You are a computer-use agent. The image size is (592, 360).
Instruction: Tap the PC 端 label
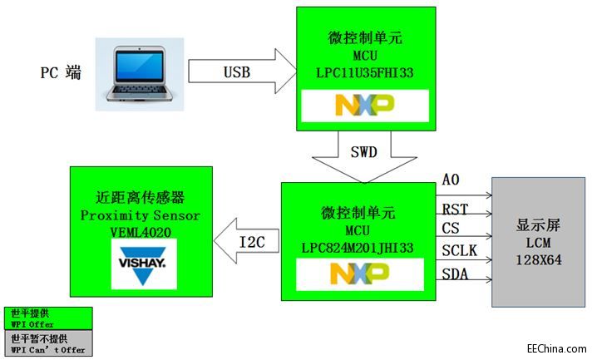point(61,72)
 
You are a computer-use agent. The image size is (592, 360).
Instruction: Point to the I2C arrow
point(247,241)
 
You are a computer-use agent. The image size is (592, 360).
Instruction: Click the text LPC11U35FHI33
point(365,73)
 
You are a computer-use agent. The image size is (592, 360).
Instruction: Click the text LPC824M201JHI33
point(358,247)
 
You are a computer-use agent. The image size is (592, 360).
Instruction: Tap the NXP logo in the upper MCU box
point(365,106)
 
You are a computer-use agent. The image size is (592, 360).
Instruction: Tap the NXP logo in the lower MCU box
point(359,274)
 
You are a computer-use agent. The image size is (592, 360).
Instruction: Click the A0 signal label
point(450,180)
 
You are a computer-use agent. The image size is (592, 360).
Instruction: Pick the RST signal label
point(453,209)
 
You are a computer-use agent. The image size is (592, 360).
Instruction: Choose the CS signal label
point(451,228)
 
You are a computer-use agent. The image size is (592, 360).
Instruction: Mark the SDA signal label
point(454,274)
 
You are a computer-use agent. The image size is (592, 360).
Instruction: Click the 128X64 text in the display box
point(537,259)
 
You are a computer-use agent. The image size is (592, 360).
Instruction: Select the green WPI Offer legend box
point(47,318)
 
